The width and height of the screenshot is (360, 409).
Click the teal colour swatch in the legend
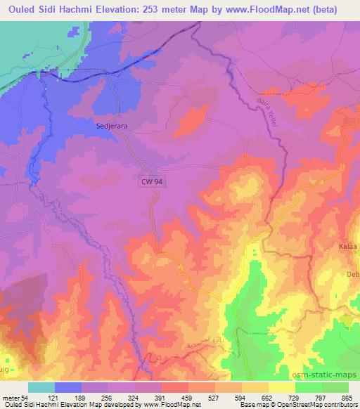(41, 388)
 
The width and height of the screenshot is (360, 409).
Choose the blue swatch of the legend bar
(67, 388)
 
